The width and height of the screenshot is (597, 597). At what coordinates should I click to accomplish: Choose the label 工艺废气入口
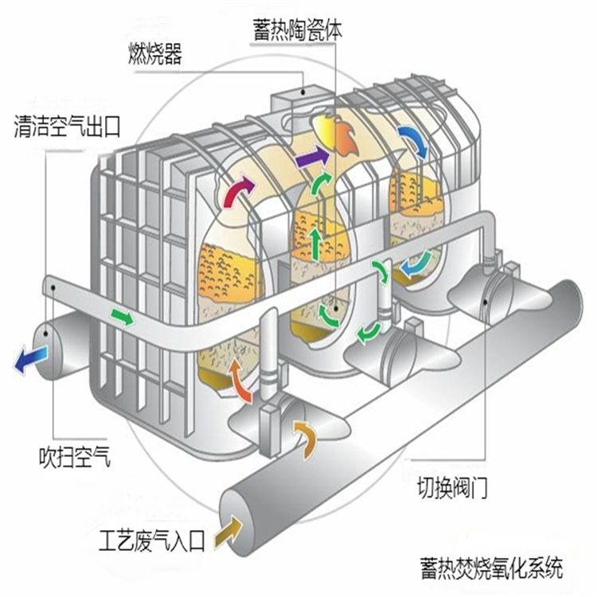pyautogui.click(x=152, y=544)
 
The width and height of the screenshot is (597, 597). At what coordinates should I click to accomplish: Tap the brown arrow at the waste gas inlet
pyautogui.click(x=233, y=525)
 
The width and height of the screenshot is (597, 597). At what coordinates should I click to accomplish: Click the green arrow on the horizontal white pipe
pyautogui.click(x=123, y=318)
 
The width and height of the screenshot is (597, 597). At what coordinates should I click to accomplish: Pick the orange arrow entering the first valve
pyautogui.click(x=305, y=435)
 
